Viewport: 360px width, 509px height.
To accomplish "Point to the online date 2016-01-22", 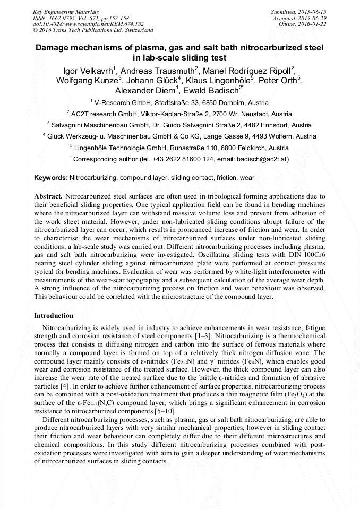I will click(313, 24).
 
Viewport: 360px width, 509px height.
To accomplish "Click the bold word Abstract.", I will click(48, 196).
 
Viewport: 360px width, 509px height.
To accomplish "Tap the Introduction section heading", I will click(54, 316).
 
